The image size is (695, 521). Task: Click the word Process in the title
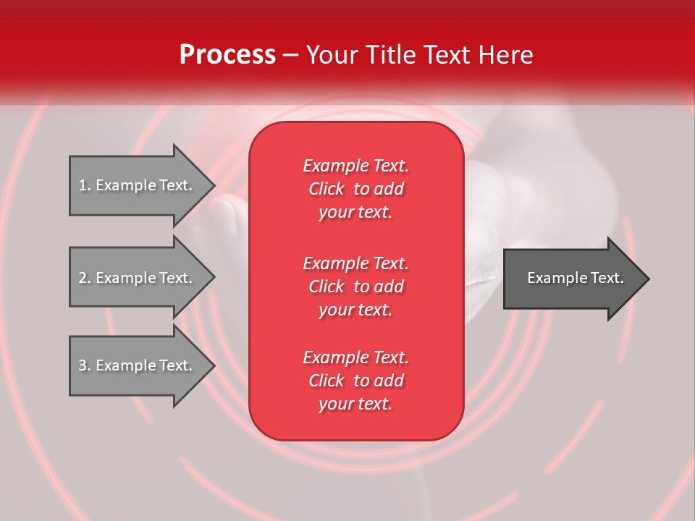click(227, 55)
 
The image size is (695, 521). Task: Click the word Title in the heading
click(389, 55)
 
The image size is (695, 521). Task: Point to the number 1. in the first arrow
click(85, 185)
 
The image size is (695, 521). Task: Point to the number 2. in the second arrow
click(85, 278)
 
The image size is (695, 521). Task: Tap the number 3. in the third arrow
click(85, 365)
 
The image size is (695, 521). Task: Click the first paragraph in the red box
click(355, 189)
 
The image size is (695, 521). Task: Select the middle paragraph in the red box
click(355, 287)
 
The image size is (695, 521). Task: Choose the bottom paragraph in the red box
click(355, 381)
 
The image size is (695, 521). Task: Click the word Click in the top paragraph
click(327, 189)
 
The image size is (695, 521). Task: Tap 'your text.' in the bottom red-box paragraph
click(355, 404)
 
